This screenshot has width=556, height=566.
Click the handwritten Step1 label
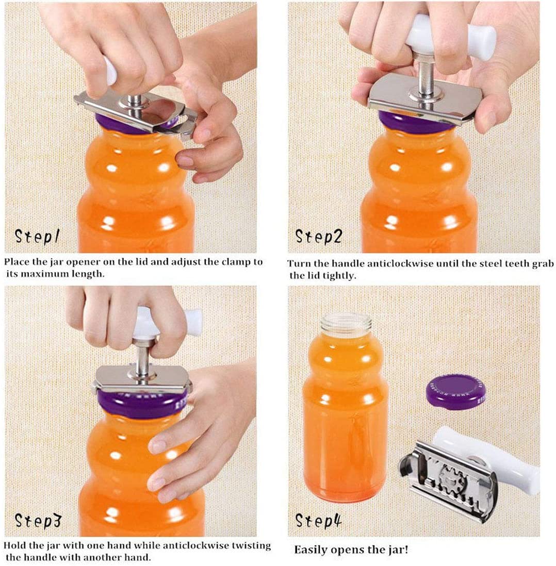click(37, 237)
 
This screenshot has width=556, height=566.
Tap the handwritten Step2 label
click(318, 237)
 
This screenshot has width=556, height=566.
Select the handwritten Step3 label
click(38, 521)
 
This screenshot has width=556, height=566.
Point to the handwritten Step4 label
click(318, 521)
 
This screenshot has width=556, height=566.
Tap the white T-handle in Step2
click(451, 37)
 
